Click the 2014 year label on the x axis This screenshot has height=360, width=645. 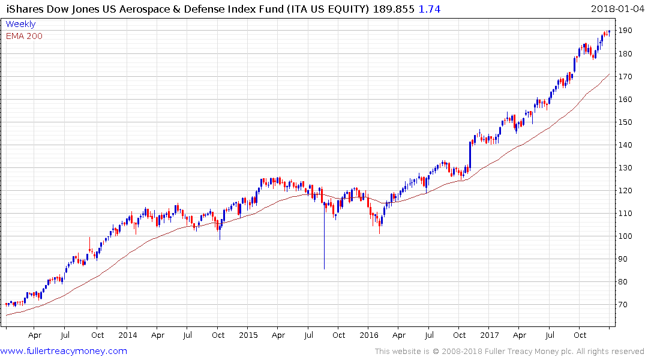pyautogui.click(x=127, y=335)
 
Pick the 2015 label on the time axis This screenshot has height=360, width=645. pyautogui.click(x=248, y=335)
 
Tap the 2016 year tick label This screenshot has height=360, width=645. pyautogui.click(x=369, y=335)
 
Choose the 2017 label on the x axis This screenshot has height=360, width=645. pyautogui.click(x=490, y=335)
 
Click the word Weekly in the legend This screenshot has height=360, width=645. pyautogui.click(x=20, y=24)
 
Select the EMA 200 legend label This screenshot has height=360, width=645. pyautogui.click(x=24, y=36)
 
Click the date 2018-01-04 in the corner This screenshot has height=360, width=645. pyautogui.click(x=616, y=8)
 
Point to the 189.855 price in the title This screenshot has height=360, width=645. pyautogui.click(x=393, y=9)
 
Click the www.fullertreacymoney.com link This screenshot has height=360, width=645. pyautogui.click(x=64, y=351)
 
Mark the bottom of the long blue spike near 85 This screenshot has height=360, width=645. pyautogui.click(x=324, y=268)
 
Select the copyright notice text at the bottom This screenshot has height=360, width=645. pyautogui.click(x=509, y=352)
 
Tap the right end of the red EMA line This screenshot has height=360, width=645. pyautogui.click(x=610, y=74)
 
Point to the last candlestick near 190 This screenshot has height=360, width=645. pyautogui.click(x=609, y=31)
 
